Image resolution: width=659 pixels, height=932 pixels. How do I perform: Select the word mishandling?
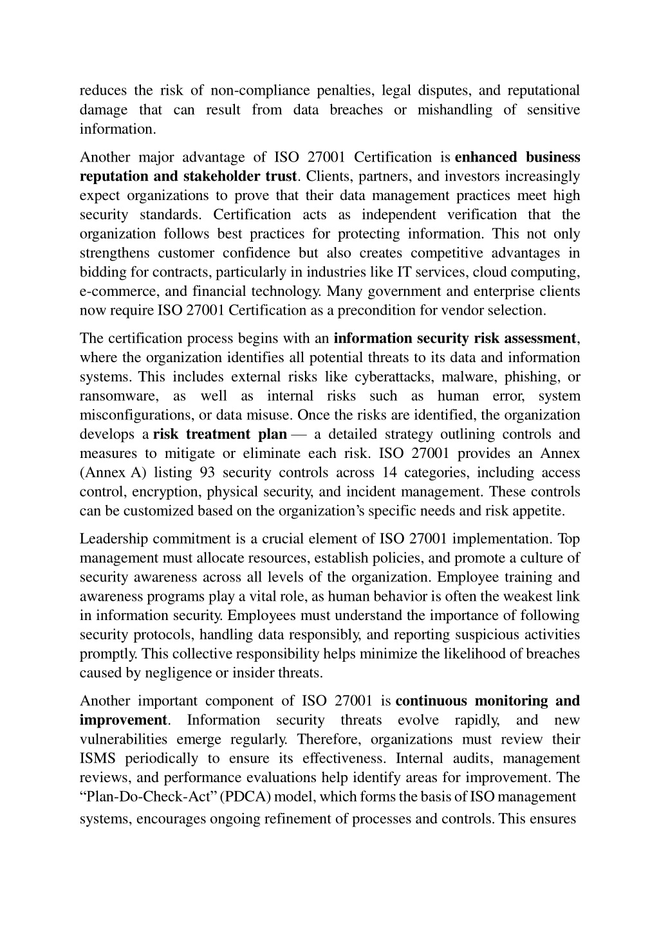(454, 110)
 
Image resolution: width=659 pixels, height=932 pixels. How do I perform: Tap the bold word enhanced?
(486, 158)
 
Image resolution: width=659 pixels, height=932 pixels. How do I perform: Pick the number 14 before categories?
(390, 473)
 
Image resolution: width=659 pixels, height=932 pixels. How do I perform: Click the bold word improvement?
(123, 720)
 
